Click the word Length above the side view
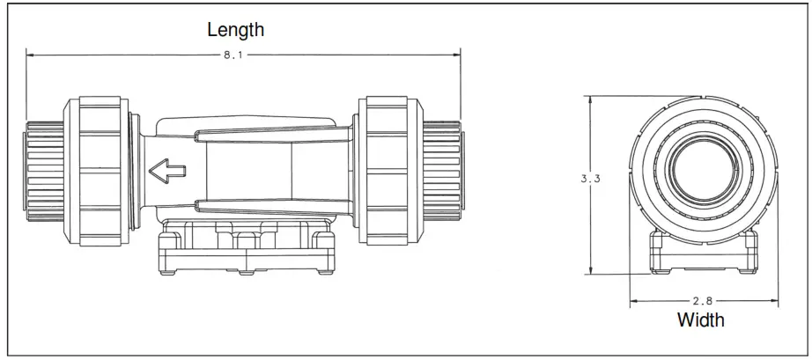click(x=235, y=29)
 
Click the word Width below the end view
click(x=700, y=320)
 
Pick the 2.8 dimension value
click(x=701, y=301)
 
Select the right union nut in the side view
click(x=388, y=170)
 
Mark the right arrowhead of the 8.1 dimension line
click(x=457, y=55)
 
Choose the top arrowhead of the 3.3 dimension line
click(x=590, y=98)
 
